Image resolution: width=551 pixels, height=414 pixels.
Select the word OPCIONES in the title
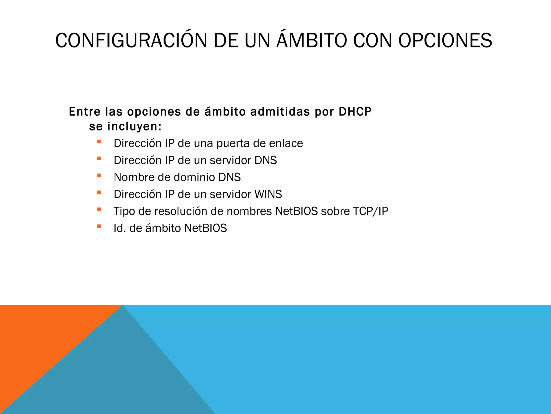tap(445, 41)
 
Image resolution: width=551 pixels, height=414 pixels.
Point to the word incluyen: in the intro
tap(135, 127)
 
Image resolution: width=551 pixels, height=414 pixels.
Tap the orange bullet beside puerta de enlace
tap(99, 142)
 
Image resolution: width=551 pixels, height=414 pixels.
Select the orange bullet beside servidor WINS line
tap(99, 192)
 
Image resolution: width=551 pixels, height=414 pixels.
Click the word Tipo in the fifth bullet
tap(124, 211)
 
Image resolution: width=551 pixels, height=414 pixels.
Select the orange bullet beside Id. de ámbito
tap(99, 226)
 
